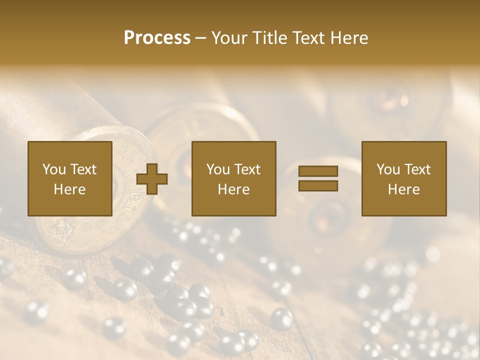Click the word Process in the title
point(157,38)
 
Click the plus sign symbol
point(152,179)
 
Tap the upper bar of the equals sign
point(318,171)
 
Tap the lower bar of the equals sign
point(318,185)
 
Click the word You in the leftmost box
point(54,169)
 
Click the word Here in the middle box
point(234,189)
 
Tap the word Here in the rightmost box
point(404,189)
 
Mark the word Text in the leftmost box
point(83,169)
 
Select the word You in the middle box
point(218,169)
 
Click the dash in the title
point(201,38)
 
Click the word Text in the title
point(307,38)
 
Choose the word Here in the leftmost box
point(70,189)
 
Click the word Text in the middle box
point(247,169)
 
